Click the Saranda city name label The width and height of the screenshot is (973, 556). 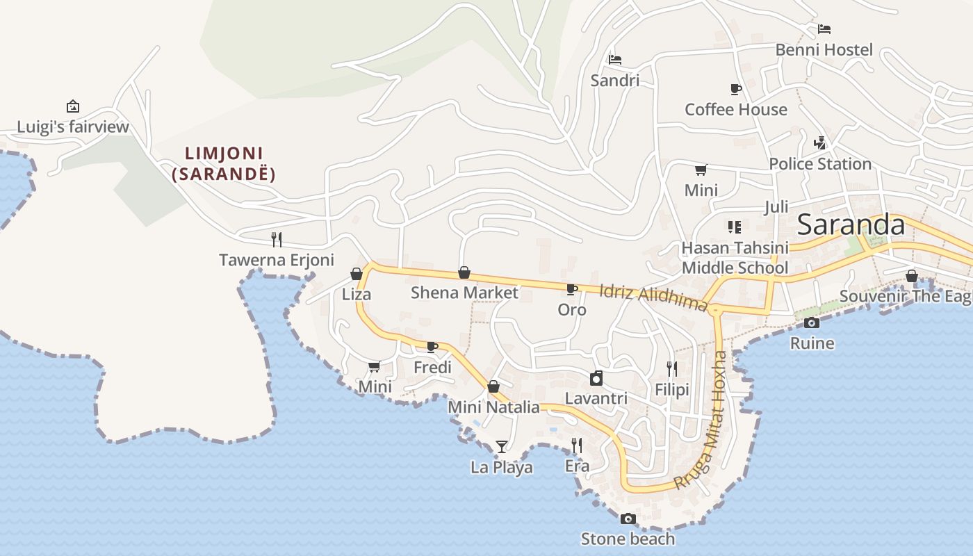pos(851,225)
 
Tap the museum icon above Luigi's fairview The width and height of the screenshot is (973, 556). pos(73,106)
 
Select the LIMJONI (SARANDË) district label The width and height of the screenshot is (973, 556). pos(223,163)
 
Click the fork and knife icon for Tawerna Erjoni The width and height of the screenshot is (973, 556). pos(277,240)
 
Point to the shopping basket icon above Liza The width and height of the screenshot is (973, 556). pos(357,274)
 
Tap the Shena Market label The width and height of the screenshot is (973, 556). pos(464,293)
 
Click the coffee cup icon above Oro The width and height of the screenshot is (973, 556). pos(572,289)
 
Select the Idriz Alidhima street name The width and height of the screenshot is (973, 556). pos(653,297)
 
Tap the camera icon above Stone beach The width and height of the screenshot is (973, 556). pos(628,518)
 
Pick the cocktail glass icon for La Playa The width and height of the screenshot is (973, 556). pos(502,446)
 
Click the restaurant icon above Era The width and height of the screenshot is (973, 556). pos(577,445)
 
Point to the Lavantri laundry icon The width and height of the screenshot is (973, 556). pos(596,378)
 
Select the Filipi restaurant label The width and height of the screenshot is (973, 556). pos(672,390)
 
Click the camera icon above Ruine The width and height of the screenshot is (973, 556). pos(812,322)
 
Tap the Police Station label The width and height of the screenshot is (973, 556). pos(820,164)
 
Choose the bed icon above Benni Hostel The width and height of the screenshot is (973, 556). pos(824,29)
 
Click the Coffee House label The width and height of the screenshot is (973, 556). pos(736,110)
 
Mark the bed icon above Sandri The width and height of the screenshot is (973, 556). pos(615,60)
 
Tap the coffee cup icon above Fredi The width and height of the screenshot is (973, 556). pos(432,346)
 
